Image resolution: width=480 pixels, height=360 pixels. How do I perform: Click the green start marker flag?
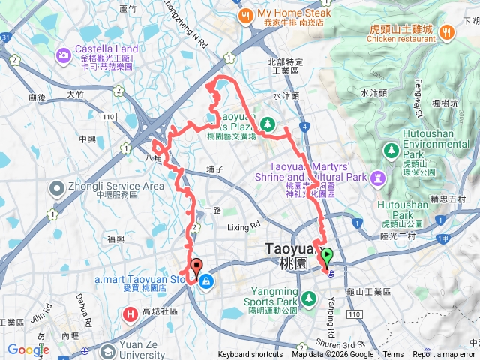(x=327, y=257)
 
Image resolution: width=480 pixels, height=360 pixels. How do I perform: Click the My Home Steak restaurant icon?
(x=245, y=15)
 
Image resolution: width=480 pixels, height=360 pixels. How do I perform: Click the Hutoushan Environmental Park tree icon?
(x=391, y=151)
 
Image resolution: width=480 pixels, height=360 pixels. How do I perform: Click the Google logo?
(x=28, y=349)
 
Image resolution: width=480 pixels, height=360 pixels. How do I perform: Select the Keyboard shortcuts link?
(x=250, y=355)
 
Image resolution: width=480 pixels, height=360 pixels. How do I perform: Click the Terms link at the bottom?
(x=393, y=355)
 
